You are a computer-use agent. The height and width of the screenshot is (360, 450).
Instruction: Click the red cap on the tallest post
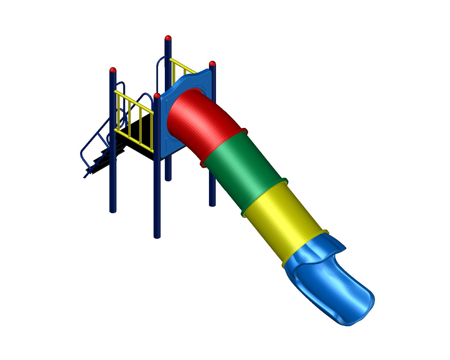[x=168, y=38]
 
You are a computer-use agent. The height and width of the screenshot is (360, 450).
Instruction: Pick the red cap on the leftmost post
[x=113, y=69]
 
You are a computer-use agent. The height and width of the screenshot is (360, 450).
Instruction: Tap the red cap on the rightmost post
[x=212, y=63]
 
